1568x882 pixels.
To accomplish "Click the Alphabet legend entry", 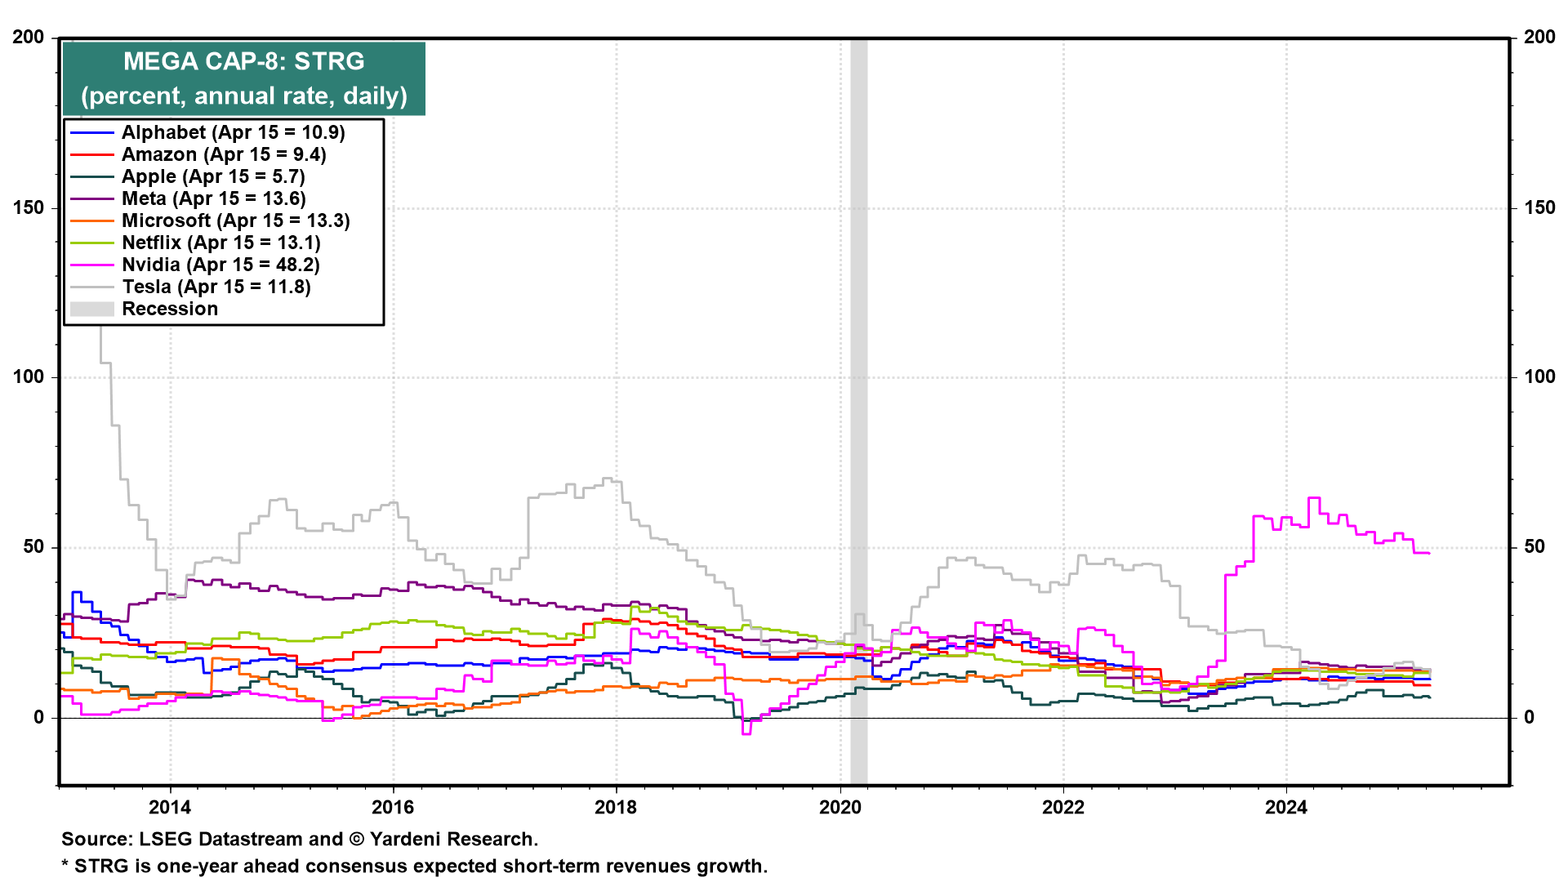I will [x=233, y=132].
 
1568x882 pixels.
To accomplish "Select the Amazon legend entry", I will [x=223, y=154].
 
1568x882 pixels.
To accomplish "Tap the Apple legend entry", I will [x=212, y=176].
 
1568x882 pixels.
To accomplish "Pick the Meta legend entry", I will [x=213, y=198].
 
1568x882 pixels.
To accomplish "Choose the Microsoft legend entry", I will [x=235, y=220].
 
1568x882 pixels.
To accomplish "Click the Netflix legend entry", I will [x=220, y=243].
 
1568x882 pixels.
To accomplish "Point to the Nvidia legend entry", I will [x=220, y=265].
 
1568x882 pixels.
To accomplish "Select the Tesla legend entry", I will [x=216, y=287].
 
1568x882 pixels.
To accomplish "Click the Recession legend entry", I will [x=170, y=309].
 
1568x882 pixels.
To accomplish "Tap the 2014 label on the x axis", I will [x=170, y=808].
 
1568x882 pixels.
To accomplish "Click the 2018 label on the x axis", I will [x=616, y=808].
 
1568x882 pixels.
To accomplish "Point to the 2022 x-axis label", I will [x=1063, y=808].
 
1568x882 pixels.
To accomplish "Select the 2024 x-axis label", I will [x=1286, y=808].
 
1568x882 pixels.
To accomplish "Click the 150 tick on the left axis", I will [x=29, y=207].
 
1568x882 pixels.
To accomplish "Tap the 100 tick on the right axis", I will [x=1539, y=376].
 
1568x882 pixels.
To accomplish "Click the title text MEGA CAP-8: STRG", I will [x=243, y=61].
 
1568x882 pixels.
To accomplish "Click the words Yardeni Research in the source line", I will [x=453, y=840].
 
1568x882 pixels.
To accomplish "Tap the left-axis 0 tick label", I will [x=38, y=718].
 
